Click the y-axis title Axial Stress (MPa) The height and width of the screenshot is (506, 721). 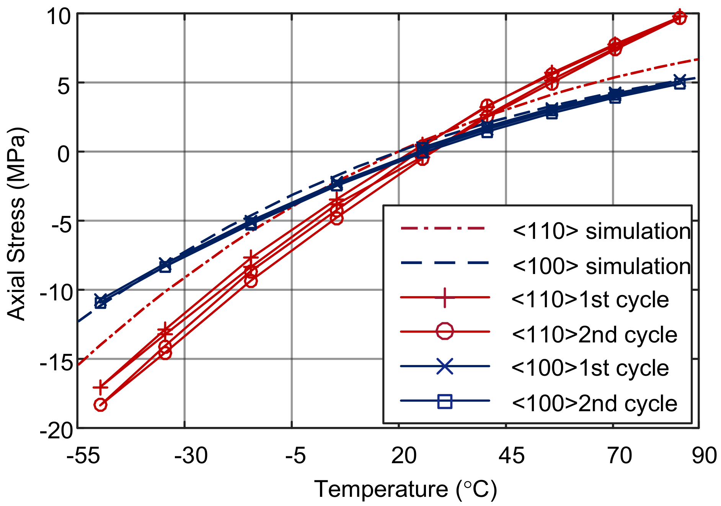[16, 224]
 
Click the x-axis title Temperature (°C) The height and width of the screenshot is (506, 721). [405, 490]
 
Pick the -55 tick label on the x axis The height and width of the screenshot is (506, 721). [83, 456]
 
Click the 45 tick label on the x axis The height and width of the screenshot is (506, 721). [512, 456]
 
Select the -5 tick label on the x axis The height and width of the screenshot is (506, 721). [296, 456]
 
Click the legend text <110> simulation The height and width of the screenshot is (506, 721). [601, 232]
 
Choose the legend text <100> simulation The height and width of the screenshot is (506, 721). [601, 266]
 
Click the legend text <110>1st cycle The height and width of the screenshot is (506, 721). [590, 300]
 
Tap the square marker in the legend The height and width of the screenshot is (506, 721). [445, 401]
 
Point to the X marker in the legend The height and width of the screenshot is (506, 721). [445, 367]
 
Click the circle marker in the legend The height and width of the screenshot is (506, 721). [445, 331]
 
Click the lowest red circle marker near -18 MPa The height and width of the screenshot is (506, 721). [100, 405]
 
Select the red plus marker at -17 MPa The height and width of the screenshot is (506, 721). [100, 388]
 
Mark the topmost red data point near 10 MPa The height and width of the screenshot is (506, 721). [680, 17]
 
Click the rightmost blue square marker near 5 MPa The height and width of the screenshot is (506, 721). [680, 84]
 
